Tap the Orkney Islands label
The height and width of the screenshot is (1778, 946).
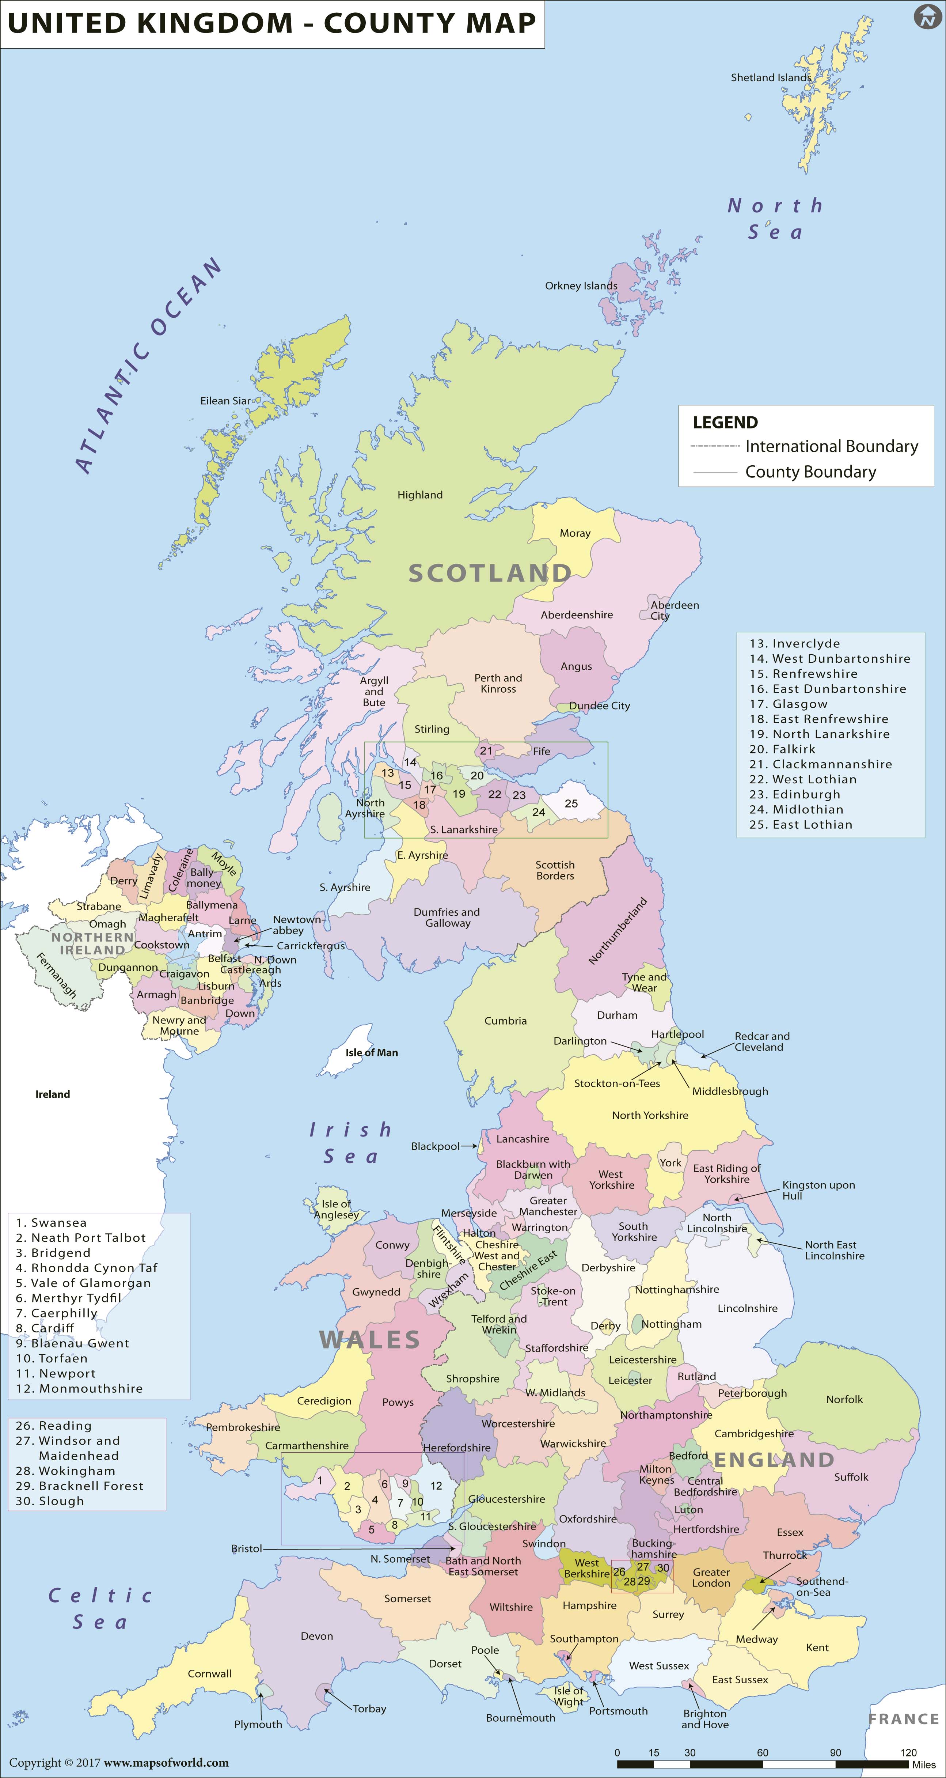[581, 286]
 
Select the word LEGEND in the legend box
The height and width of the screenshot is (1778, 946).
[725, 423]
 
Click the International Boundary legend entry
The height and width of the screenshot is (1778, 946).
[832, 447]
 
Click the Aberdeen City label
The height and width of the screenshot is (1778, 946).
[674, 610]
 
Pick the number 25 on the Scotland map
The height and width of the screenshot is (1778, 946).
[571, 803]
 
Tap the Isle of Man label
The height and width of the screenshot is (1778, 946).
[371, 1053]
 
